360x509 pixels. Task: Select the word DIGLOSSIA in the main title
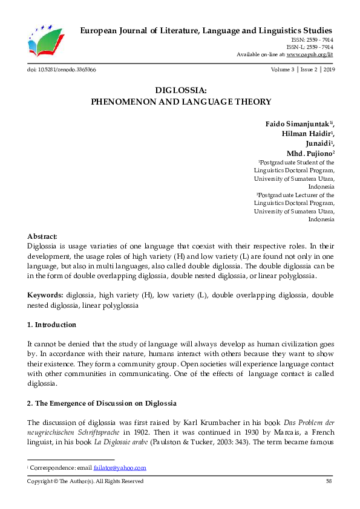[181, 91]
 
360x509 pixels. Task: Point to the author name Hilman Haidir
[306, 134]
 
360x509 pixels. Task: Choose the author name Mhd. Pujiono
[309, 154]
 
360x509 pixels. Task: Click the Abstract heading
[42, 236]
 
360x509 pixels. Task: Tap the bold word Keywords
[46, 296]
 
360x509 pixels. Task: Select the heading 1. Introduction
[52, 325]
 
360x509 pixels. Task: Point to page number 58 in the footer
[329, 481]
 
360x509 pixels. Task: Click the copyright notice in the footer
[85, 481]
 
